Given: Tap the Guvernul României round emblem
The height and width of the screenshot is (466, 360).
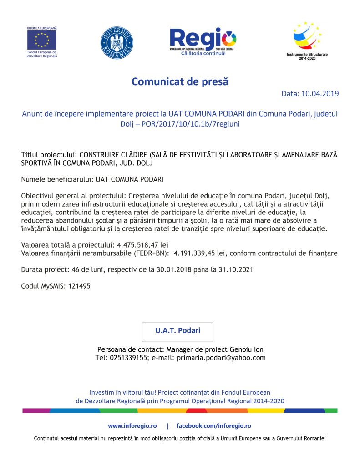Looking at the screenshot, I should pos(117,43).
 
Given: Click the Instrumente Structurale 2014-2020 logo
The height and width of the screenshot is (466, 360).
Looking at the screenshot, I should pos(307,37).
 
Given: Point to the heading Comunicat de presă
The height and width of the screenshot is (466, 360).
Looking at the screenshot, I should pos(180,82).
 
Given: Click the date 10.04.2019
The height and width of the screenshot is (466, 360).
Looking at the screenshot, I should pos(320,94).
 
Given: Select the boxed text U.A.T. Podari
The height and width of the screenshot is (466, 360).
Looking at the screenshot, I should pos(177,331).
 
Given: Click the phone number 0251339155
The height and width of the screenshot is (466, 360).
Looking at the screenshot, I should pos(128,358).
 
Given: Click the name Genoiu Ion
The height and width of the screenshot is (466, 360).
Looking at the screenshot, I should pos(246,349).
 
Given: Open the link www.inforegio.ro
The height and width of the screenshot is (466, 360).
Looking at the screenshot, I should pos(132,426).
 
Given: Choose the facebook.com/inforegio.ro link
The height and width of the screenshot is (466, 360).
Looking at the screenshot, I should pos(214,426).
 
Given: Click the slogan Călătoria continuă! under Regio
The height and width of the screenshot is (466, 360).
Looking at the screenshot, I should pos(203,54).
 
